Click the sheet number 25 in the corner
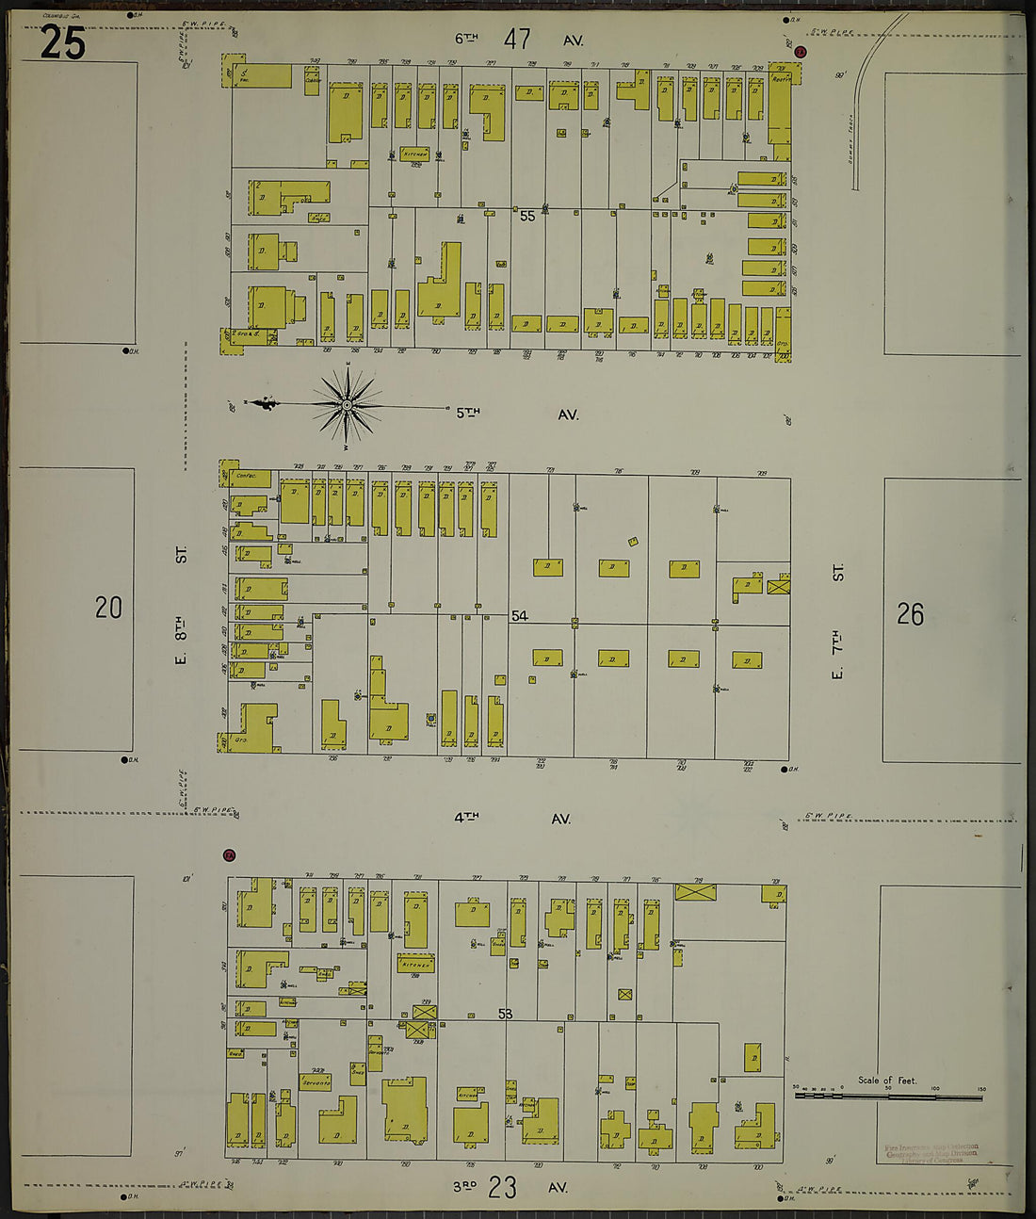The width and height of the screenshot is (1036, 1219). pos(63,42)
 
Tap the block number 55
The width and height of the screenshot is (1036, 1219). pos(527,216)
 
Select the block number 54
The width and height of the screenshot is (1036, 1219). pos(520,616)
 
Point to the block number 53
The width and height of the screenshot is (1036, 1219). pos(506,1014)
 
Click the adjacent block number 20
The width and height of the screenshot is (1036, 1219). pos(108,608)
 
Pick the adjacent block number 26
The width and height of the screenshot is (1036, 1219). pos(910,614)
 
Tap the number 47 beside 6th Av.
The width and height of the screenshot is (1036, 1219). pos(517,40)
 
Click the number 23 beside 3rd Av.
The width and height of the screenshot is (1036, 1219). pos(503,1187)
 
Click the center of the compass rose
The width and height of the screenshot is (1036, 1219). pos(347,405)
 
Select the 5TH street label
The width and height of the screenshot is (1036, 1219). pos(468,413)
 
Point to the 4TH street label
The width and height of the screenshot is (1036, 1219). pos(466,818)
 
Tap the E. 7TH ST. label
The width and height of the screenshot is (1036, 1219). pos(838,620)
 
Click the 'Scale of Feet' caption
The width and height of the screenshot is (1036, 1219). pos(886,1081)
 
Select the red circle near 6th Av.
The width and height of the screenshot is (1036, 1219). pos(801,52)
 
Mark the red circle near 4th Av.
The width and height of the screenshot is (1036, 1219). pos(229,855)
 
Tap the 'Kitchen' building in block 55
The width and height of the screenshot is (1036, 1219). pos(414,154)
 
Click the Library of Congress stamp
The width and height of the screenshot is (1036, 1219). pos(931,1153)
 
